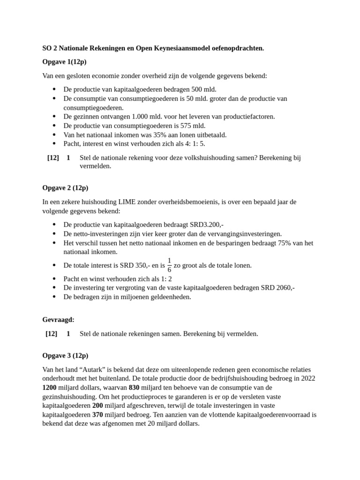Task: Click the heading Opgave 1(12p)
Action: [x=64, y=62]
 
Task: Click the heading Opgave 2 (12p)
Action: [x=65, y=188]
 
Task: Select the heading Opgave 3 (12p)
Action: [x=65, y=355]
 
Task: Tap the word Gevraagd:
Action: [x=58, y=320]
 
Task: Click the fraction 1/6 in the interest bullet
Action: [x=169, y=265]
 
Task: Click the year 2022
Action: [x=307, y=379]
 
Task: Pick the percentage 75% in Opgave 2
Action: [x=279, y=243]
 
